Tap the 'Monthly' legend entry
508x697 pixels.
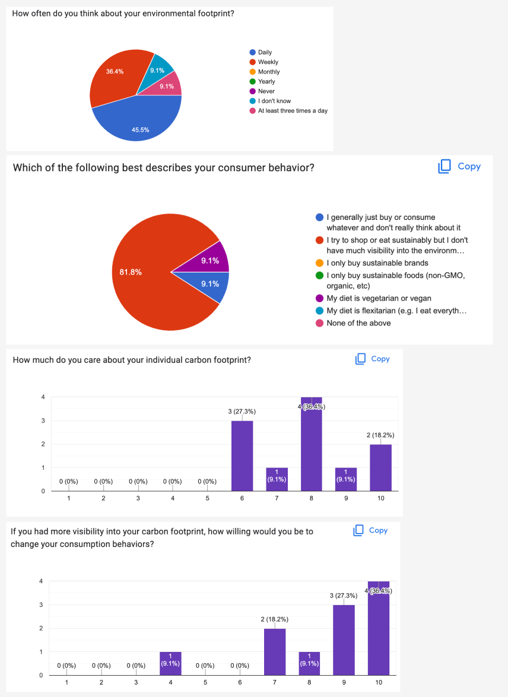269,72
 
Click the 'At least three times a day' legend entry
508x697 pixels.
292,111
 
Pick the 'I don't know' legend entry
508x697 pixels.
274,101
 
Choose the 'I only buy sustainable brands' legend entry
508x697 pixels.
377,263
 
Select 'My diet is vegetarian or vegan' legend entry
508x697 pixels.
379,298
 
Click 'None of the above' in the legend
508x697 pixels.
358,323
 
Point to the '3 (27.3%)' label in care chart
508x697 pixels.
242,411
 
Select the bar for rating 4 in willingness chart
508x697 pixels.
170,664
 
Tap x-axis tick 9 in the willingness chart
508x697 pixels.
344,683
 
